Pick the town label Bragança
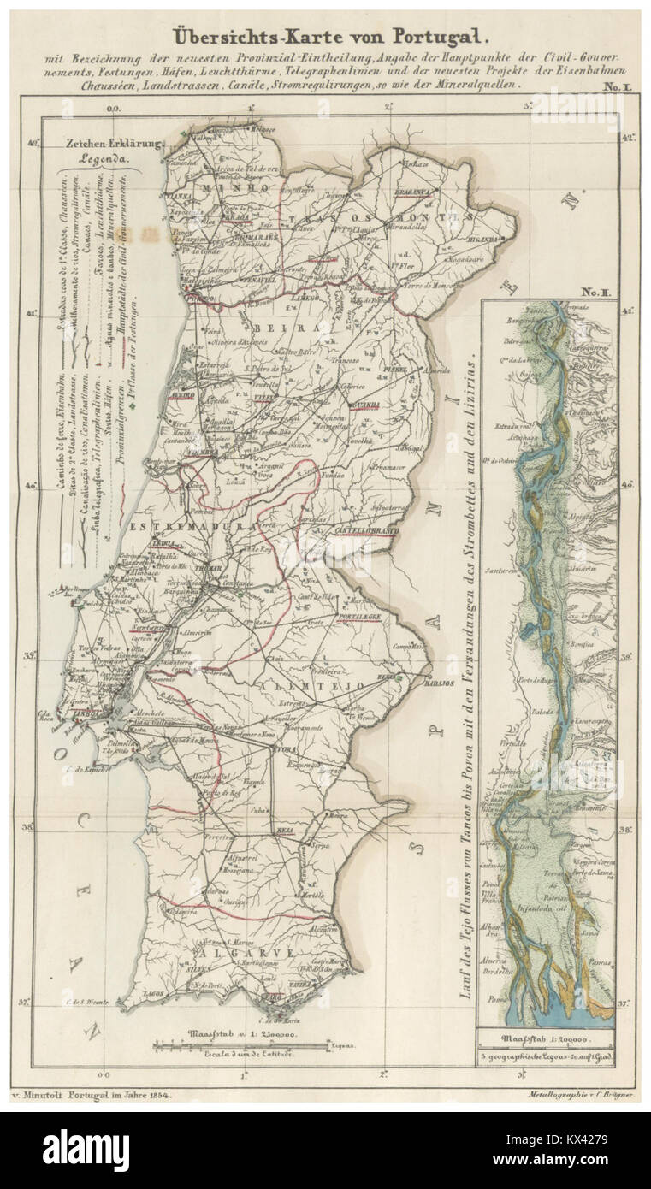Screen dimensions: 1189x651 [x=411, y=192]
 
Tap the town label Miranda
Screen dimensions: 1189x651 [x=484, y=241]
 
